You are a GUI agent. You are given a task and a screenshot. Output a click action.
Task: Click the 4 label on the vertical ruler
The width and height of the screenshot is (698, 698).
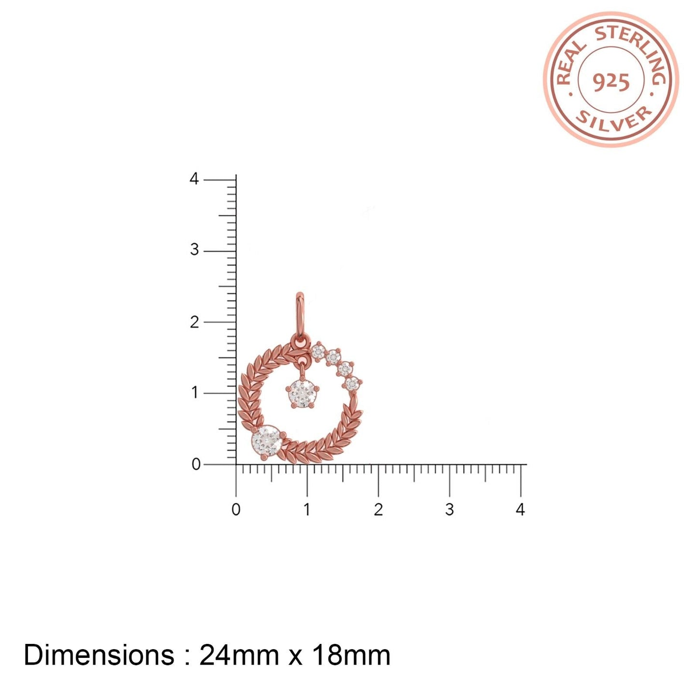pos(194,179)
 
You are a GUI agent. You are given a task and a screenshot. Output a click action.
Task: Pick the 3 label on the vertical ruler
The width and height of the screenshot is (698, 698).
pos(194,250)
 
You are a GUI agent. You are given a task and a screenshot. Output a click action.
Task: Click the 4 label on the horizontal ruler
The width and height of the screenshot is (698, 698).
pos(521,510)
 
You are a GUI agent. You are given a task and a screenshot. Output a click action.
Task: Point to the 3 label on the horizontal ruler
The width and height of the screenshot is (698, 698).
pos(449,510)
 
